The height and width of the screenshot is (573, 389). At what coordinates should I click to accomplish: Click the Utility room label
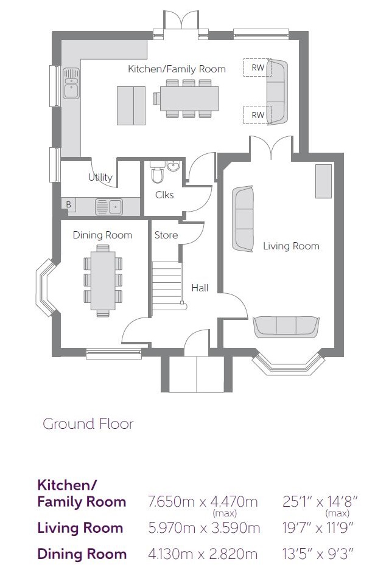pos(100,177)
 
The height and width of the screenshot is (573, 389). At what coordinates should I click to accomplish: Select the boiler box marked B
pos(68,204)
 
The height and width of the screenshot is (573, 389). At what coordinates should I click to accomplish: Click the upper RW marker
pos(258,68)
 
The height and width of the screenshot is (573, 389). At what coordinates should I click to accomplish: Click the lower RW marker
pos(258,115)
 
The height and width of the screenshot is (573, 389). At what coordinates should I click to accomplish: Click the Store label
pos(166,235)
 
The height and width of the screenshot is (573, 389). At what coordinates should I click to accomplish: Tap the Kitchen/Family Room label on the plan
pos(177,69)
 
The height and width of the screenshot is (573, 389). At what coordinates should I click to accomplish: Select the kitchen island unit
pos(131,106)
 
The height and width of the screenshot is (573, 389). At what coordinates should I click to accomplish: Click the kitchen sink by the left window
pos(71,83)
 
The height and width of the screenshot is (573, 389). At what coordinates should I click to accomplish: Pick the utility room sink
pos(109,207)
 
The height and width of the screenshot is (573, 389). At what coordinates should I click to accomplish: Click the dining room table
pos(103,280)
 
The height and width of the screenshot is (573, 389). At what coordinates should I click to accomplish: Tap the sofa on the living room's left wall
pos(243,219)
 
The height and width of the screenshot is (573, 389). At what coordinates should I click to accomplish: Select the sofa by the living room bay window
pos(286,327)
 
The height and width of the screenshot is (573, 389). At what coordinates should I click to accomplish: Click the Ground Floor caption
pos(88,424)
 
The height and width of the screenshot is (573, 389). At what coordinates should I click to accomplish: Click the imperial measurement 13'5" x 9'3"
pos(318,554)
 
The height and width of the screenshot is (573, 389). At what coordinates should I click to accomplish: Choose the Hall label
pos(200,288)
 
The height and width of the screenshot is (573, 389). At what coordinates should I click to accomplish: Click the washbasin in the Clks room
pos(173,166)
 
